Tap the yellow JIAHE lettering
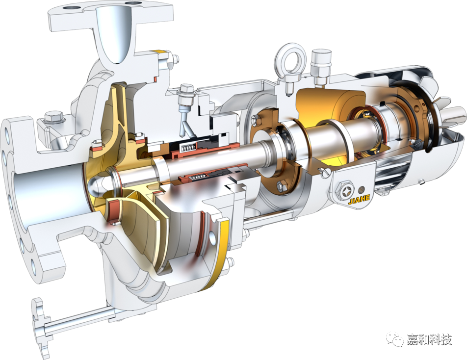click(x=359, y=199)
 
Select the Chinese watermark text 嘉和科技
click(x=429, y=339)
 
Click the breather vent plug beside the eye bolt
click(x=321, y=67)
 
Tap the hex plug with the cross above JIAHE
click(x=346, y=189)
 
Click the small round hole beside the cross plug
click(x=362, y=190)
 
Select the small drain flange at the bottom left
click(x=40, y=327)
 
